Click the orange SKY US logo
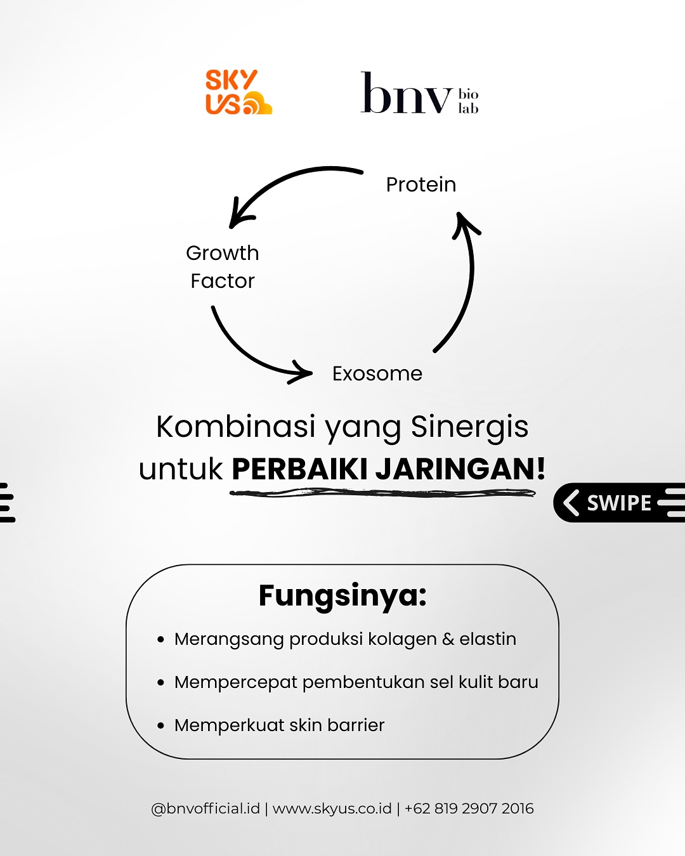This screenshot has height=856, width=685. (237, 93)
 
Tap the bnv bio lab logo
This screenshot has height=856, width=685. (419, 94)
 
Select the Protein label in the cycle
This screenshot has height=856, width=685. (421, 185)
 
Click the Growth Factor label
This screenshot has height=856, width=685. (223, 267)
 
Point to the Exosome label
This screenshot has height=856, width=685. (377, 373)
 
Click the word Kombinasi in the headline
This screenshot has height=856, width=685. (236, 427)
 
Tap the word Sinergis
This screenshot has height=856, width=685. (469, 427)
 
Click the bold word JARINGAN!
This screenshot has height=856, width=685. (460, 469)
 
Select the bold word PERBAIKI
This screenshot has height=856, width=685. (300, 469)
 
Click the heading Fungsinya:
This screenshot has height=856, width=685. (342, 595)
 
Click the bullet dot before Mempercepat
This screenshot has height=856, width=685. (161, 683)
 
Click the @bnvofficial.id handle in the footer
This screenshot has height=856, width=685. (205, 808)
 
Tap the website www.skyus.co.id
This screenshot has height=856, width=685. (332, 808)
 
